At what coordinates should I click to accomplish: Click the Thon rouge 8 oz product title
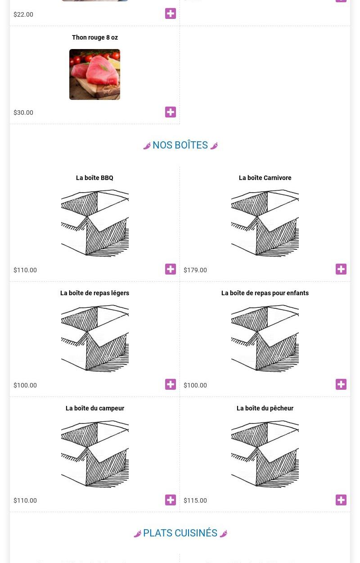pos(95,37)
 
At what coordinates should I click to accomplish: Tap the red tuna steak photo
pos(95,74)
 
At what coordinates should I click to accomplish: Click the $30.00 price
pos(23,113)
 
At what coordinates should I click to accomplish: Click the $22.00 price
pos(23,14)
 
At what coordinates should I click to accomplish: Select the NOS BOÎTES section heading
pos(180,145)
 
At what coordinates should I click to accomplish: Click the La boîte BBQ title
pos(94,178)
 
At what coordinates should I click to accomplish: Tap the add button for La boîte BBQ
pos(171,269)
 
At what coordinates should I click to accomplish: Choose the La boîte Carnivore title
pos(265,178)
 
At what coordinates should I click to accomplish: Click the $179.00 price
pos(195,270)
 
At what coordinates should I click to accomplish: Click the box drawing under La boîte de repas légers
pos(95,338)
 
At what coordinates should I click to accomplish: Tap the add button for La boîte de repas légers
pos(171,384)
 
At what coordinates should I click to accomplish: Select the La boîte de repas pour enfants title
pos(265,293)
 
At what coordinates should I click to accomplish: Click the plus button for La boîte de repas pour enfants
pos(341,384)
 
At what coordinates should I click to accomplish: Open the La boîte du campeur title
pos(95,409)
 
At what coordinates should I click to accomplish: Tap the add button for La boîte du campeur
pos(171,500)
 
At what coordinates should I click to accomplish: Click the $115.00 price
pos(195,500)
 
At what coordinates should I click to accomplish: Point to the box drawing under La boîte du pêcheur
pos(265,454)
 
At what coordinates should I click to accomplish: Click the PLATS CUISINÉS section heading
pos(180,533)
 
